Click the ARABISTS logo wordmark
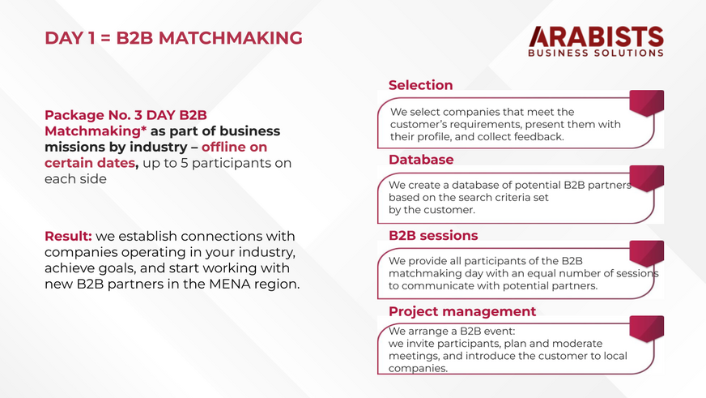click(596, 36)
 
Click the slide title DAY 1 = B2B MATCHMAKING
click(173, 38)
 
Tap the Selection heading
click(420, 85)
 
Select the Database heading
click(421, 160)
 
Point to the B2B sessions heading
click(433, 235)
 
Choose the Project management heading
click(462, 311)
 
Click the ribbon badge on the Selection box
click(647, 103)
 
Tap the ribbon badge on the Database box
click(647, 178)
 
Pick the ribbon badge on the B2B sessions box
click(647, 254)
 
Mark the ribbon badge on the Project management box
click(647, 329)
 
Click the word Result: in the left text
click(68, 236)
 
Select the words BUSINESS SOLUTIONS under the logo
click(596, 53)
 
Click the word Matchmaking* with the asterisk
click(96, 131)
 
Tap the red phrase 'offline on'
click(234, 147)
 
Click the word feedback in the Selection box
click(541, 136)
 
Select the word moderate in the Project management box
click(580, 344)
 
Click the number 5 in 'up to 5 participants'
click(184, 163)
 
